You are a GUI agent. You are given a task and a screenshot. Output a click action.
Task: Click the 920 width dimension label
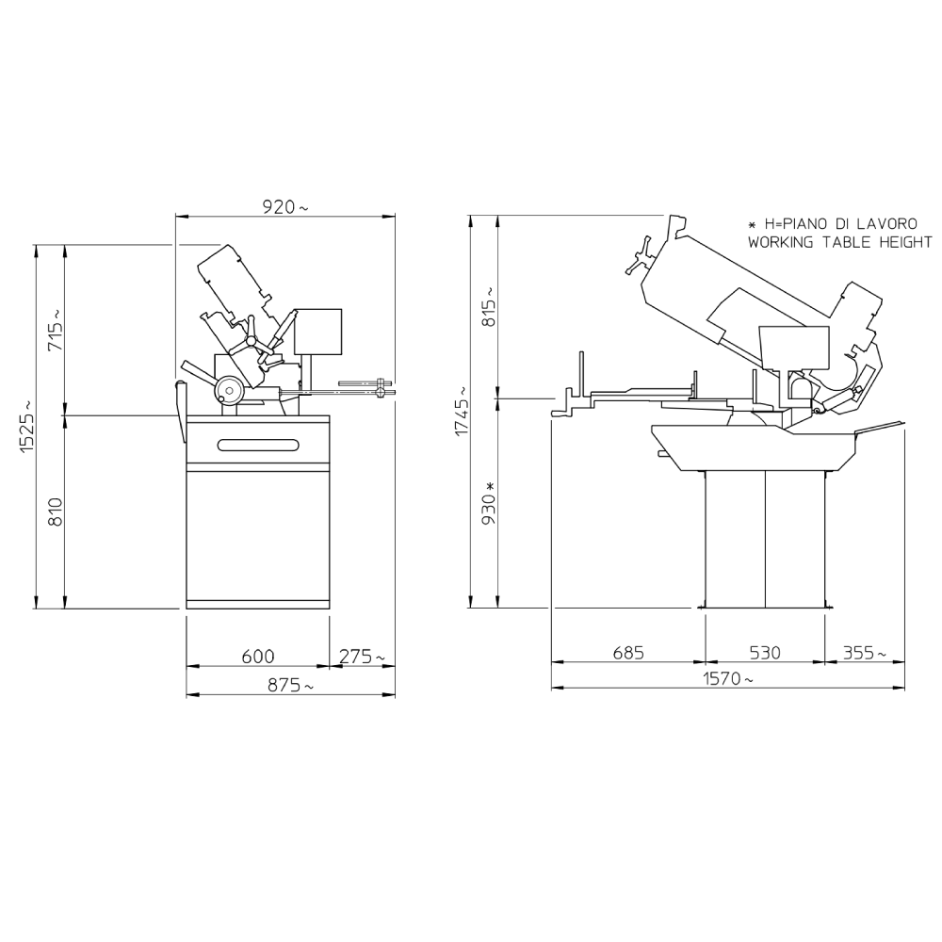pos(285,206)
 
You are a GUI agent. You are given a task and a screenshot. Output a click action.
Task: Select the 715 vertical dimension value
pos(55,331)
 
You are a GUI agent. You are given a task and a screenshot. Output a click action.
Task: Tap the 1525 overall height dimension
pos(27,426)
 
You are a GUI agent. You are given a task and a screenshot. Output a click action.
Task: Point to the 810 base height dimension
pos(56,512)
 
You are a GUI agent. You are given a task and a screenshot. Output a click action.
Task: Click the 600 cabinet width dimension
pos(258,656)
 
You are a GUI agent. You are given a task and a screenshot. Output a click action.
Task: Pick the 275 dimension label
pos(362,656)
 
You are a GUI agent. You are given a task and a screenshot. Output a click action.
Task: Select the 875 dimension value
pos(290,684)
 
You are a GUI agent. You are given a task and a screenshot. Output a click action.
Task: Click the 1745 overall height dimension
pos(463,411)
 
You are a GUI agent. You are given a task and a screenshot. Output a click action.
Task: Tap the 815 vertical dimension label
pos(490,306)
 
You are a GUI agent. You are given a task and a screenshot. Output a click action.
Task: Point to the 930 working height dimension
pos(490,502)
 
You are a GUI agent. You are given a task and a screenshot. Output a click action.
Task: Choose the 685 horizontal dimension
pos(627,653)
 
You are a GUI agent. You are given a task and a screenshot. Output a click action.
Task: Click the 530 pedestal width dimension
pos(765,653)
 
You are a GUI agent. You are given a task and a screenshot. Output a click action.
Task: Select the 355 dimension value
pos(864,653)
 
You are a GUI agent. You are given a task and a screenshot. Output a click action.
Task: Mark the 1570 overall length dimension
pos(727,679)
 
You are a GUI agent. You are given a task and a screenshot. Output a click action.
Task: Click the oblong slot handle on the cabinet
pos(258,445)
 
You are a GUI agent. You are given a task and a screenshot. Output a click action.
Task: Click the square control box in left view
pos(317,332)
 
